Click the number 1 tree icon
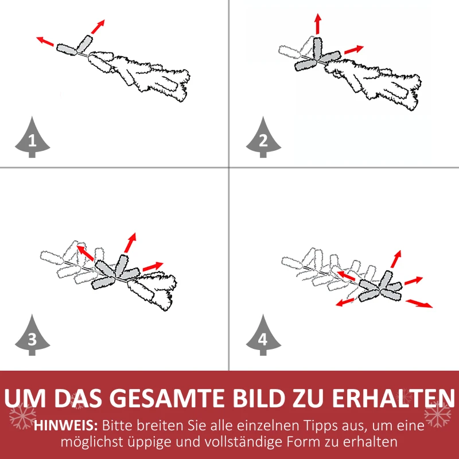(x=32, y=138)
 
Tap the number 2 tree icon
(x=263, y=138)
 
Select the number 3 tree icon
(x=32, y=335)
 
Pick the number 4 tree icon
(x=263, y=335)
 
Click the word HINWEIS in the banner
(x=66, y=426)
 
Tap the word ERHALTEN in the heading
(x=394, y=398)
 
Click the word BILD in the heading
(x=259, y=398)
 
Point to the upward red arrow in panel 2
(x=318, y=24)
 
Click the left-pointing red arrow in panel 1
(x=45, y=41)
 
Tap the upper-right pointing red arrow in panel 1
(x=98, y=26)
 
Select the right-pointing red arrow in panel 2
(x=354, y=50)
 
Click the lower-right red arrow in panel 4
(x=419, y=304)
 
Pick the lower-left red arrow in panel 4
(x=345, y=302)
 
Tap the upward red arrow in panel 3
(x=130, y=243)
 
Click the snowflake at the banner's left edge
(x=22, y=415)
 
